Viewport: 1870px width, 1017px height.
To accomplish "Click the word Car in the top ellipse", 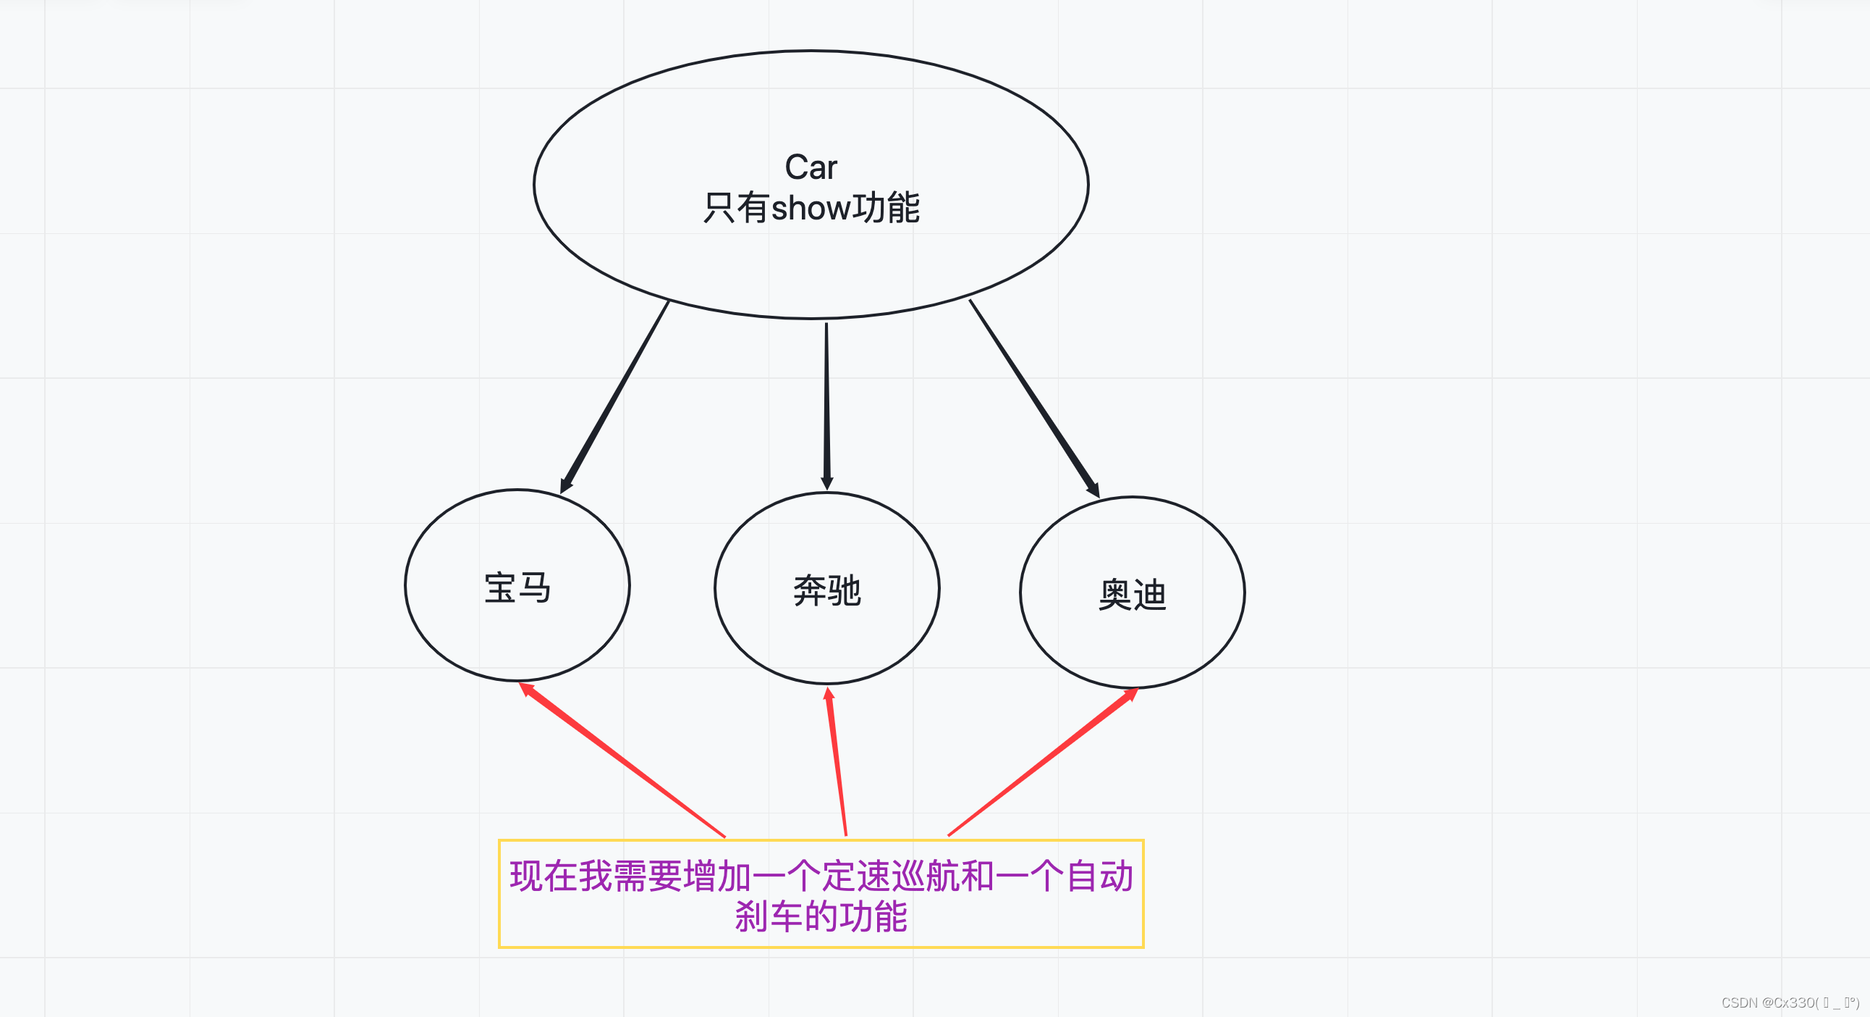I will coord(811,168).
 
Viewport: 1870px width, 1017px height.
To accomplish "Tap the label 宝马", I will coord(517,587).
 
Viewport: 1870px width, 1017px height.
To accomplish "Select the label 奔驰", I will coord(827,590).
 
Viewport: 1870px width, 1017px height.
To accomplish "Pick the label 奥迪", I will coord(1133,595).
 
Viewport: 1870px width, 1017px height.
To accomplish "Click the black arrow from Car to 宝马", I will coord(615,396).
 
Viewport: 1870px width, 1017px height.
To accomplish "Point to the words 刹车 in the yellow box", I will coord(769,916).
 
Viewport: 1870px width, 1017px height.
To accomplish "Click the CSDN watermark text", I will coord(1790,1003).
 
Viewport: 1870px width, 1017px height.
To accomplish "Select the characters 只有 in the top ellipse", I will coord(735,209).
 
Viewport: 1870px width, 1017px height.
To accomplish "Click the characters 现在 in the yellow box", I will coord(543,875).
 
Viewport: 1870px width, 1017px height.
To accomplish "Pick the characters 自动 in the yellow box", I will coord(1099,875).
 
